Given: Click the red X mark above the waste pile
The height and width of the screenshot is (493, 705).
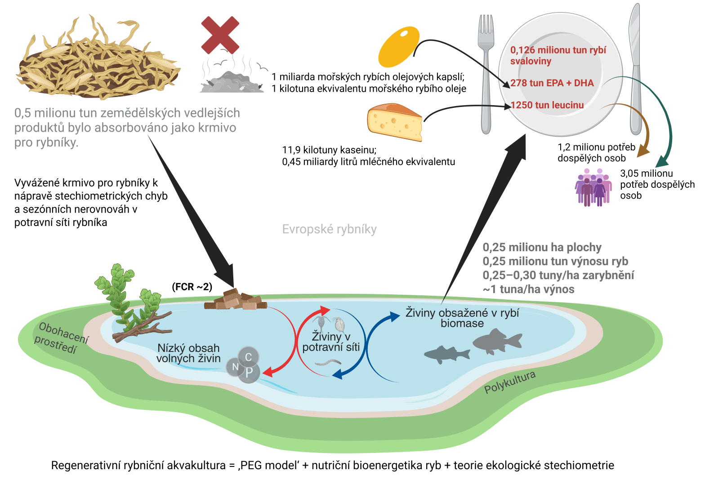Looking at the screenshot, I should (x=220, y=35).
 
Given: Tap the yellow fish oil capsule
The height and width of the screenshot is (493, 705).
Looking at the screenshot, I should (x=398, y=46).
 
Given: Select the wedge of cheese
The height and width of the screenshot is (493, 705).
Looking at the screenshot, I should (x=395, y=122).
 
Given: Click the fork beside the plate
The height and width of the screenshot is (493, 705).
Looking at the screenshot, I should (x=486, y=72).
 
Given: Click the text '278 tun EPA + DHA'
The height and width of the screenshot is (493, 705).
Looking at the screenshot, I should (x=552, y=83).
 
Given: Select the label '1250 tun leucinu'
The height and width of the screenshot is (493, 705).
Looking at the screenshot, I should (x=547, y=105).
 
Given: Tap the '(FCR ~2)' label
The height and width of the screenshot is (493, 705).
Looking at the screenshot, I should (x=192, y=287).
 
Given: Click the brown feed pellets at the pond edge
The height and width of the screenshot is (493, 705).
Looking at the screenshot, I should (x=236, y=300).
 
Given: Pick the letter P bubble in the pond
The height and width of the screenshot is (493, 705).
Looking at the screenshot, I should (x=249, y=373).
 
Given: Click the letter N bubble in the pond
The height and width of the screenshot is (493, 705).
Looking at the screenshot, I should (x=235, y=367).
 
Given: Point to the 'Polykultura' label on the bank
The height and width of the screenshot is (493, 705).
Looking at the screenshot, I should (x=510, y=382).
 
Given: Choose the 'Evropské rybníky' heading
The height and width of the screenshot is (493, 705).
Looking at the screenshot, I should (x=329, y=229).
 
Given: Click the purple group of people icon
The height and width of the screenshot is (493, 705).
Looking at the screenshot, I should (x=593, y=187).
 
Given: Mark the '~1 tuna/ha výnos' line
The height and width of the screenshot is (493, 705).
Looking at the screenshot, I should (x=528, y=289).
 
